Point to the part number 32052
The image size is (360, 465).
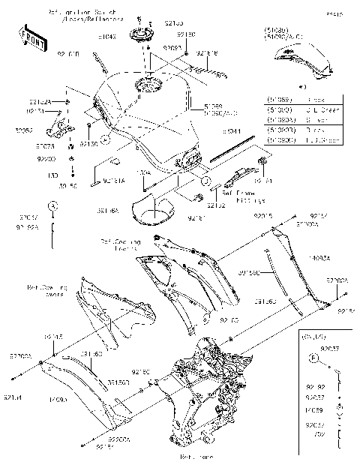(x=23, y=129)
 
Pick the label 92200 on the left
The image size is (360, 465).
(x=46, y=159)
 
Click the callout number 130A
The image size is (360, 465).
(x=144, y=172)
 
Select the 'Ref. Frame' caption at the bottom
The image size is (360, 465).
(x=196, y=455)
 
